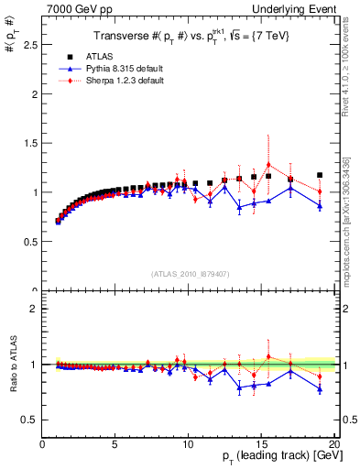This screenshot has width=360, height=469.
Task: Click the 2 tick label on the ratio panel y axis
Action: pos(34,309)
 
